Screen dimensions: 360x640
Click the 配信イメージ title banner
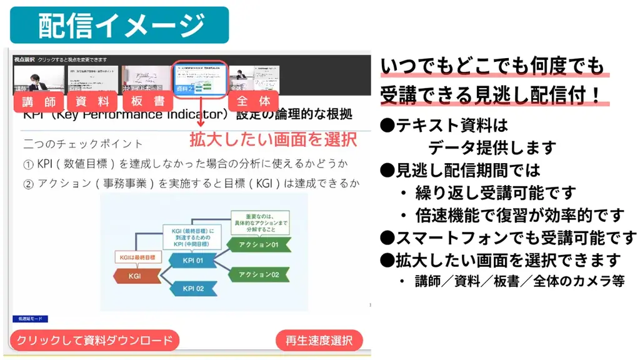[119, 25]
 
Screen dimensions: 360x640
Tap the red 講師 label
[39, 101]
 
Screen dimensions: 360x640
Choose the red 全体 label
[254, 101]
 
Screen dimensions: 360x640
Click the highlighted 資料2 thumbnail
[199, 79]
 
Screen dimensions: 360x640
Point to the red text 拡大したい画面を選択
[273, 138]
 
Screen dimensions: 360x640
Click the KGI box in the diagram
[134, 274]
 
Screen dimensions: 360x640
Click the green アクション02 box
[258, 274]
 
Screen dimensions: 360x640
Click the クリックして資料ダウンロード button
[94, 341]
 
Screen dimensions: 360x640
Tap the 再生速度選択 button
[319, 341]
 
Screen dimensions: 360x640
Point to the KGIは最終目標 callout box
[137, 257]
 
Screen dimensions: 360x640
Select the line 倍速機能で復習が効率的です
[519, 216]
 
